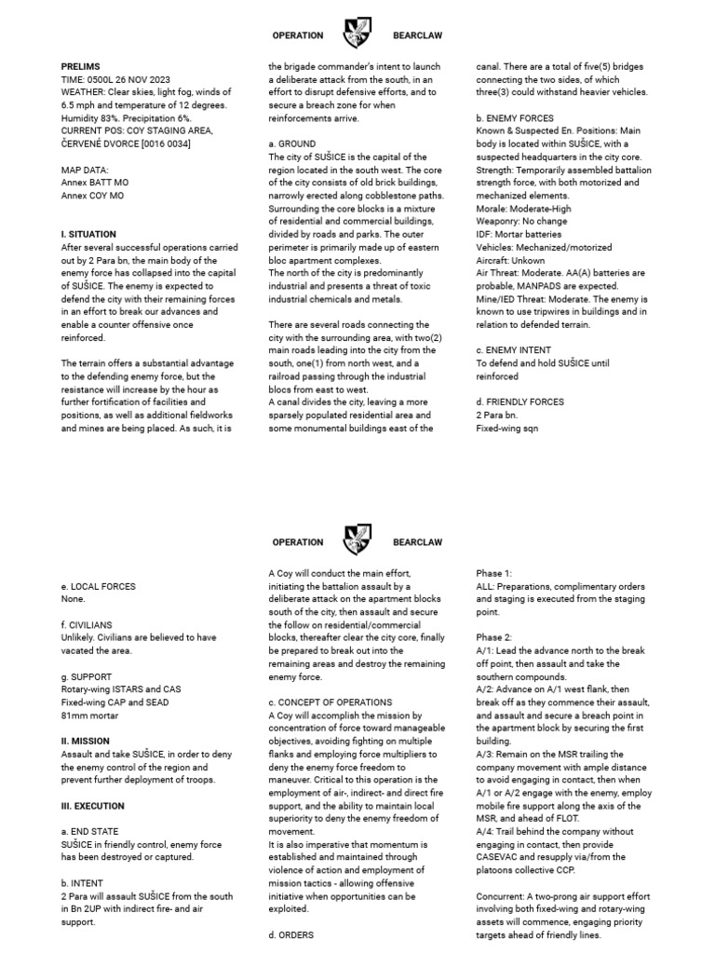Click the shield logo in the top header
(357, 34)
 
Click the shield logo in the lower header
(357, 540)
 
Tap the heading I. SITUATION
(88, 235)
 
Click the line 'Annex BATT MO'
(92, 183)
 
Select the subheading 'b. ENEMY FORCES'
(515, 118)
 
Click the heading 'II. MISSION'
(86, 742)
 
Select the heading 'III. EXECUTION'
(92, 806)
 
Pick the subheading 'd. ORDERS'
(290, 934)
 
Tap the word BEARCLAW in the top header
(417, 35)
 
